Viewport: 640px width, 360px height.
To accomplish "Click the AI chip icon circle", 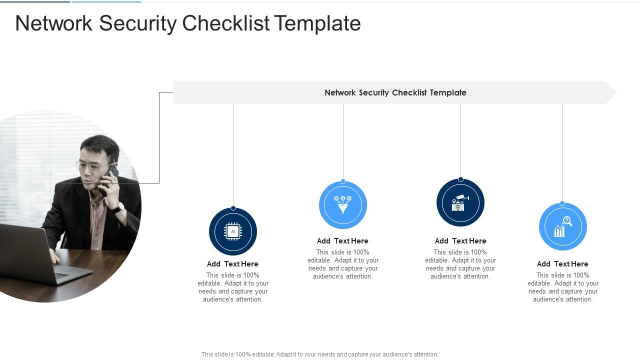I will point(233,231).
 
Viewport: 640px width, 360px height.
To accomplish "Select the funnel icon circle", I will point(343,205).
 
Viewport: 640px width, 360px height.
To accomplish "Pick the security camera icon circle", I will point(460,202).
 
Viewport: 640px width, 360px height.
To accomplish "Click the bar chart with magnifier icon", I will point(562,226).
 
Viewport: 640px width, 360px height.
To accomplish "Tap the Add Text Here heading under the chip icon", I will point(232,264).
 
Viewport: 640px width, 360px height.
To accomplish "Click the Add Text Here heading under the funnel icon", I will point(342,241).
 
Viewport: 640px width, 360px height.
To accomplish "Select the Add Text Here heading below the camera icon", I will point(460,241).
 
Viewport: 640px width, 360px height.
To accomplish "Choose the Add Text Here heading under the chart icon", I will point(562,264).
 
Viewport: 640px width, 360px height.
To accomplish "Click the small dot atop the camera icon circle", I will point(460,179).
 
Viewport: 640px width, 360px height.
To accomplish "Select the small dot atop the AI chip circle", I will point(233,208).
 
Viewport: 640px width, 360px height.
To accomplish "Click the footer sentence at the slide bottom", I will point(319,354).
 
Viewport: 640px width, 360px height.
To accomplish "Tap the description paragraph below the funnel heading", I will point(343,264).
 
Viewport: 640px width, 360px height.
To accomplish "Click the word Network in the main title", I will point(54,23).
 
